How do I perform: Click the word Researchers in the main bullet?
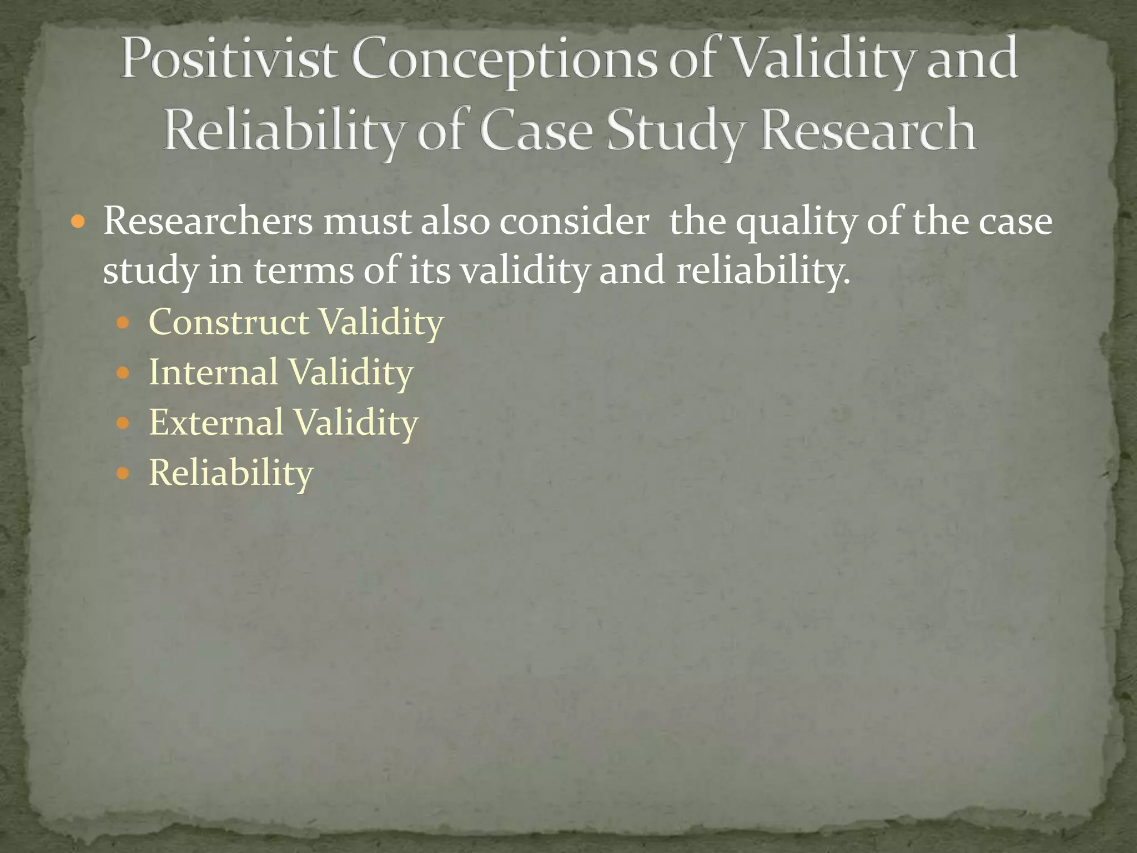coord(208,221)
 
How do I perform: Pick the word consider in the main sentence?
coord(573,221)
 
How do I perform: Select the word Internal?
coord(214,372)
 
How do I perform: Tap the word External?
coord(217,422)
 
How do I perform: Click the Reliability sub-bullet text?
coord(231,473)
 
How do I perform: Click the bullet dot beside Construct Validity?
coord(123,323)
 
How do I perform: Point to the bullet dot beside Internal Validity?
coord(123,373)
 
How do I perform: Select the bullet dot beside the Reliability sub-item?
coord(123,473)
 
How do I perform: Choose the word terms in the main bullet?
coord(304,271)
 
